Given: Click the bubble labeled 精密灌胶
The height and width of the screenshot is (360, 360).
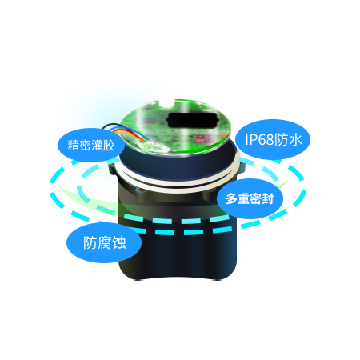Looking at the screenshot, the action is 91,145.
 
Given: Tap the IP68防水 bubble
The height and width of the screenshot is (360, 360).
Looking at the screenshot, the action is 273,139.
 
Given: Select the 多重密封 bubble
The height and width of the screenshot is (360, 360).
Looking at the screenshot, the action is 250,198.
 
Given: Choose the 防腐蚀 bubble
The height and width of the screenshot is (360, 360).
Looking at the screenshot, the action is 104,242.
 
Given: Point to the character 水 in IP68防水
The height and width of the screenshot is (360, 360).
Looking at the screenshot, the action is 295,139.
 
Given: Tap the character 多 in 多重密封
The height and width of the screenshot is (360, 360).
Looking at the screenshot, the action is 231,199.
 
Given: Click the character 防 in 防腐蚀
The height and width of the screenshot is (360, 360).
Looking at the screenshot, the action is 90,242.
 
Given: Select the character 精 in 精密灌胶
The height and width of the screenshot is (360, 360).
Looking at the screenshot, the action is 74,145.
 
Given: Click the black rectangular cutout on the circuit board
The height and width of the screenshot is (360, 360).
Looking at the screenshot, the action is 191,120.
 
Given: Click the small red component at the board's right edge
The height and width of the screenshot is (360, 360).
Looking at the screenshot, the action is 224,134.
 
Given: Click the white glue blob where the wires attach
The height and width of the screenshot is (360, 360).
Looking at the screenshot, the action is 154,147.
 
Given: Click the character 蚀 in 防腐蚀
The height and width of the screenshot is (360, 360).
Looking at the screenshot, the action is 119,242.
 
